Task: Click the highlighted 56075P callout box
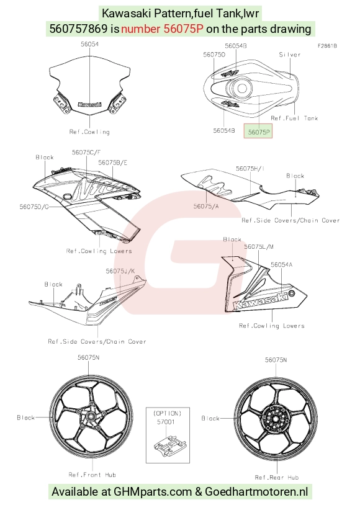click(258, 132)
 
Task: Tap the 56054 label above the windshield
click(89, 44)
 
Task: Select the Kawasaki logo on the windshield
click(89, 104)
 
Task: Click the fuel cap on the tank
click(241, 88)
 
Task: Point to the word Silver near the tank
click(290, 55)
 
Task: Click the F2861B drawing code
click(327, 46)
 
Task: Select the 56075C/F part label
click(86, 152)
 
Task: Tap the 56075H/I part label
click(250, 169)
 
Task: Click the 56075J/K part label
click(120, 271)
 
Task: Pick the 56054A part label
click(281, 264)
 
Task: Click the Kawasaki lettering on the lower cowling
click(261, 301)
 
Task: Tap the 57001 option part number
click(166, 422)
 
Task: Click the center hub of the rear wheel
click(276, 419)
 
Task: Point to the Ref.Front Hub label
click(92, 475)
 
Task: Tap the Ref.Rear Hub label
click(277, 477)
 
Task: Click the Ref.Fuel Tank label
click(294, 118)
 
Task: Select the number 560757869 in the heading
click(78, 29)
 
